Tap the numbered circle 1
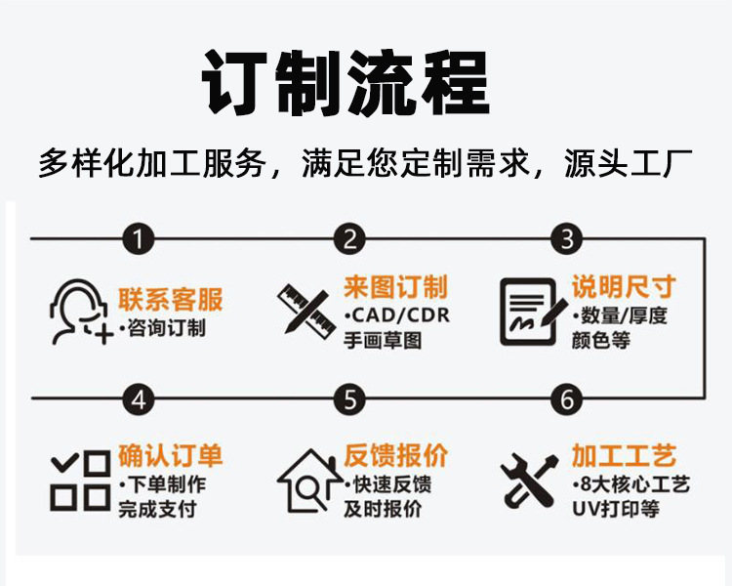(x=141, y=238)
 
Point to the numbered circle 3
(x=566, y=238)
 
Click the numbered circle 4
(x=141, y=399)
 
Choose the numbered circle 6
(x=566, y=399)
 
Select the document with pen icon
(x=533, y=311)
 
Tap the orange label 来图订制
(x=395, y=287)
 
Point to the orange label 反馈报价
(x=395, y=456)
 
